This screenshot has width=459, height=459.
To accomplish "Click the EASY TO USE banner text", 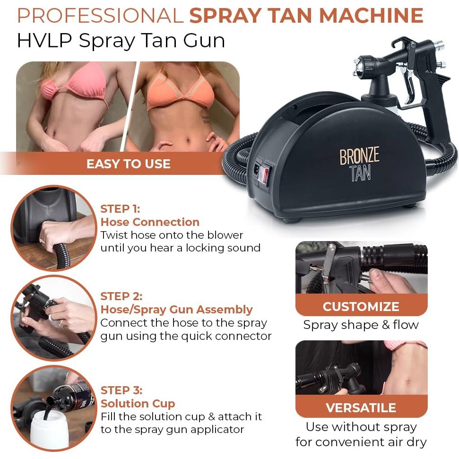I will (x=128, y=164).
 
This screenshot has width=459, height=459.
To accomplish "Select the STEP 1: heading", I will (x=120, y=209).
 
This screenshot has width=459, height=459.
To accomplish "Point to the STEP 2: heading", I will (x=121, y=296).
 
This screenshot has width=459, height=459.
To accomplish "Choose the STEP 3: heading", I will (x=121, y=390).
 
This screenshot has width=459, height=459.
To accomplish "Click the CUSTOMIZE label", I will (x=361, y=306).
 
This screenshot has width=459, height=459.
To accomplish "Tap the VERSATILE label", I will (x=361, y=407).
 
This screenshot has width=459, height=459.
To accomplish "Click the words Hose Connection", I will (x=150, y=222).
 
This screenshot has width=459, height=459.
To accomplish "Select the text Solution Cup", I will (x=138, y=404).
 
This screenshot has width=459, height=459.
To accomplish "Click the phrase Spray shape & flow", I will (x=361, y=325).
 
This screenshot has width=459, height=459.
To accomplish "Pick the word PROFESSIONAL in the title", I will (x=100, y=16).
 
